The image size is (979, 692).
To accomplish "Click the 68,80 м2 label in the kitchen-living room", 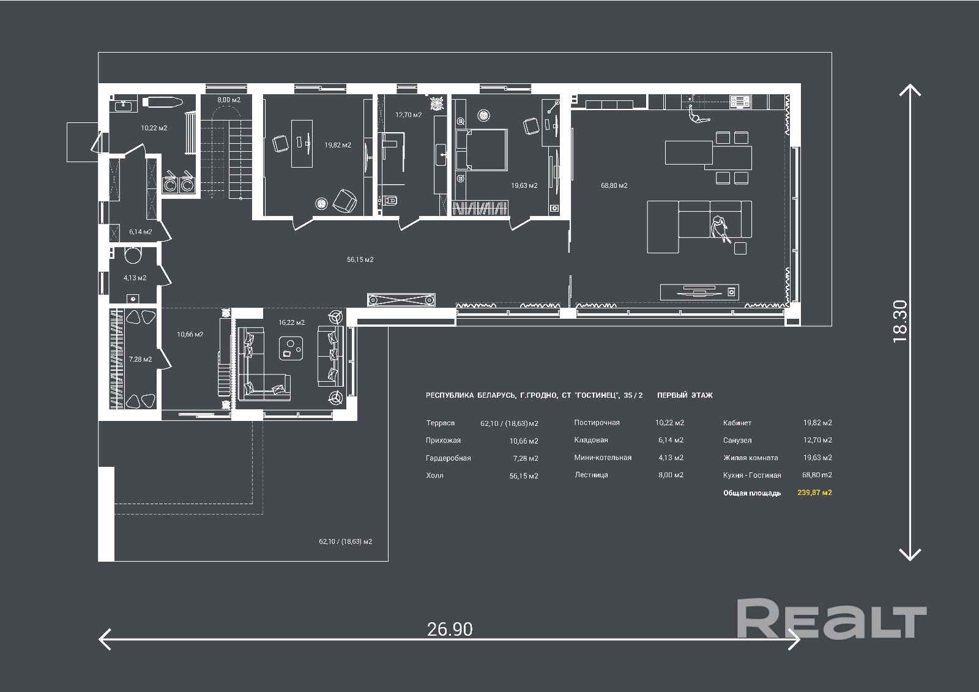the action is click(x=614, y=185).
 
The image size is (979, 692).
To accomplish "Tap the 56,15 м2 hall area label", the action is click(x=360, y=259).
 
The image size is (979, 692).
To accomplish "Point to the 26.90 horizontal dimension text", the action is click(x=450, y=628).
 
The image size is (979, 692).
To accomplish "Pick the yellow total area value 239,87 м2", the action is click(x=814, y=493).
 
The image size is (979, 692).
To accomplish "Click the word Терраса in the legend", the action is click(x=440, y=423).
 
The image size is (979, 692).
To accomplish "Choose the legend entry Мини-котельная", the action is click(x=602, y=458).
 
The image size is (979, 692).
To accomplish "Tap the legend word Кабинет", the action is click(x=737, y=423).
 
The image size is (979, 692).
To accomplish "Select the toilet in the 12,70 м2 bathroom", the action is click(x=390, y=200).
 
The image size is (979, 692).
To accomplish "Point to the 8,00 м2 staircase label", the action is click(x=229, y=99).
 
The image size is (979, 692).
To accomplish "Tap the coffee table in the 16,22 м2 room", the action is click(x=291, y=348).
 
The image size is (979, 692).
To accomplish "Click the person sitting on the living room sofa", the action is click(x=720, y=227).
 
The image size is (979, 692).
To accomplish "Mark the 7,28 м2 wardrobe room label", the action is click(x=140, y=359).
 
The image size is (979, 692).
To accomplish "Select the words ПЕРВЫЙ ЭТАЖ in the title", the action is click(x=685, y=395).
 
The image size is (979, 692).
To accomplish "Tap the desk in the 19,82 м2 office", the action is click(x=303, y=143).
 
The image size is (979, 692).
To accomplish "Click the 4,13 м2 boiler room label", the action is click(x=135, y=278).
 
